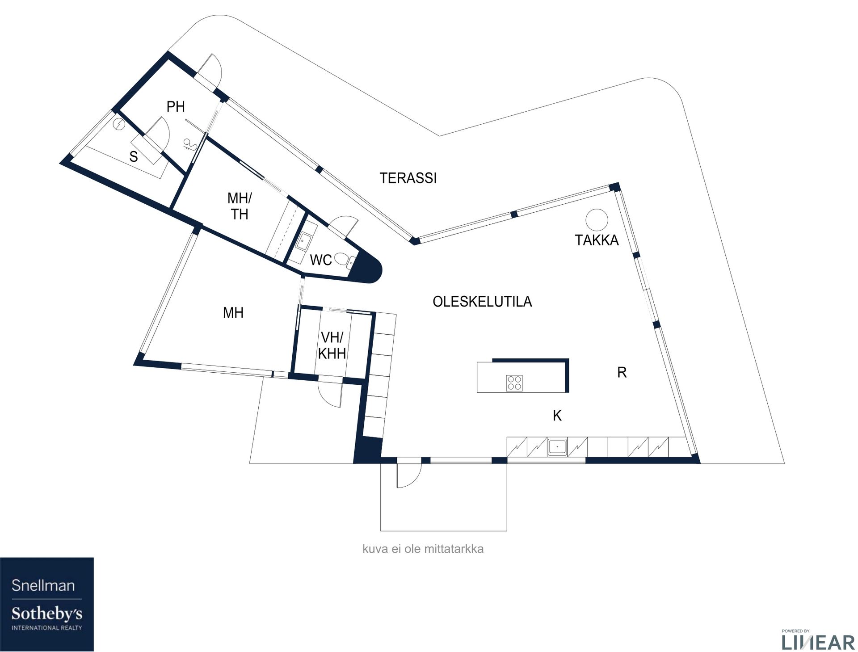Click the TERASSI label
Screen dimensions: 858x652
(408, 178)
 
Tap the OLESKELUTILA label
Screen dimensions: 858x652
(482, 302)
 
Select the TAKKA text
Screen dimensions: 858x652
(597, 240)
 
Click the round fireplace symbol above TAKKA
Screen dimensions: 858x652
(597, 220)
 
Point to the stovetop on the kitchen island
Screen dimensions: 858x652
(514, 383)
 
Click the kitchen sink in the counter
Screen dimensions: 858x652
(557, 447)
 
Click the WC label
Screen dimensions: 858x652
(321, 260)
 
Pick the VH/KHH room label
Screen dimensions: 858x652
(332, 345)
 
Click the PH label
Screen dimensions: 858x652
(176, 107)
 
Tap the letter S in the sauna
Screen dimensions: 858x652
(133, 157)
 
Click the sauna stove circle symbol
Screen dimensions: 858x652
(119, 124)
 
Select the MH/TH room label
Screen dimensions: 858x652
(240, 206)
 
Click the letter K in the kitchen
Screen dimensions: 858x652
(557, 416)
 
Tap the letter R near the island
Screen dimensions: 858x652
(622, 372)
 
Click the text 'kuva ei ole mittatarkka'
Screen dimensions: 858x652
(423, 549)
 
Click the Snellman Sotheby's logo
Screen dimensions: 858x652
(47, 604)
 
